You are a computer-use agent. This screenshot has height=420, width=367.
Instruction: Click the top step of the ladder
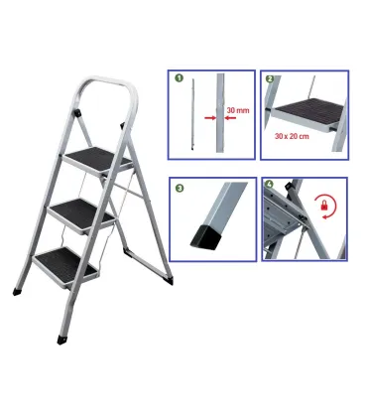coord(97,157)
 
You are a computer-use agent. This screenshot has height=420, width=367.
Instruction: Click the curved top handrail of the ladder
coord(103,83)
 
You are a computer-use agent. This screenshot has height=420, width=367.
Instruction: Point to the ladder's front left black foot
coord(20,293)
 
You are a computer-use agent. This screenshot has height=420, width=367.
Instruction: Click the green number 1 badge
coord(180,76)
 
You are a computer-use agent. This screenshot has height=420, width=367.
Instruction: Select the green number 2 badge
coord(270,76)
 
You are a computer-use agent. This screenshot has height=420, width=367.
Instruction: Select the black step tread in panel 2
coord(310,111)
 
